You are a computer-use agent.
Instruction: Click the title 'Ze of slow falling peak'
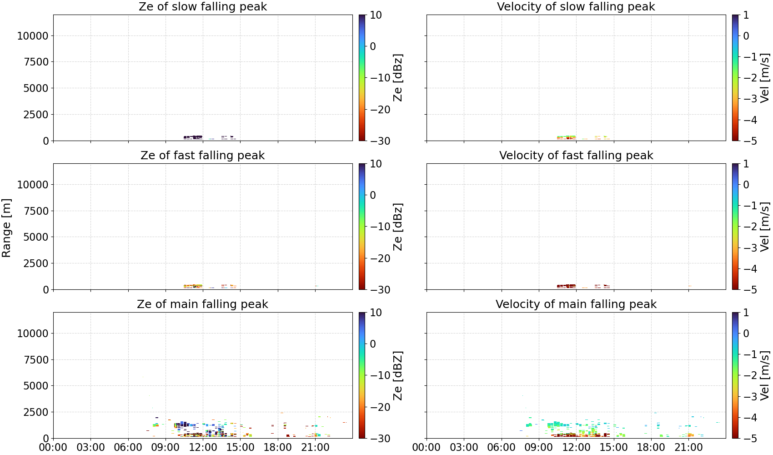pyautogui.click(x=202, y=6)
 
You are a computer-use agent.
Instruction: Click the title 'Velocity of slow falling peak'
pyautogui.click(x=576, y=6)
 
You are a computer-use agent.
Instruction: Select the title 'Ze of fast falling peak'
pyautogui.click(x=202, y=155)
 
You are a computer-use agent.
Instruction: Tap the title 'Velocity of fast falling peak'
pyautogui.click(x=576, y=155)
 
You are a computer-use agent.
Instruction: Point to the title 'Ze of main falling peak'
pyautogui.click(x=202, y=304)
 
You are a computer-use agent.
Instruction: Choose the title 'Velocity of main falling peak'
pyautogui.click(x=576, y=304)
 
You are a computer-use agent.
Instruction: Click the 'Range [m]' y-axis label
pyautogui.click(x=6, y=228)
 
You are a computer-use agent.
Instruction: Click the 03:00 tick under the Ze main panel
pyautogui.click(x=91, y=448)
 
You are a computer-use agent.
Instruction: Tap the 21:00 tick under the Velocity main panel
pyautogui.click(x=688, y=448)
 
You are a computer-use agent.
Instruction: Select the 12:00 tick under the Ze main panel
pyautogui.click(x=203, y=448)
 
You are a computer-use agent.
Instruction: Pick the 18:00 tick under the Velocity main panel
pyautogui.click(x=651, y=448)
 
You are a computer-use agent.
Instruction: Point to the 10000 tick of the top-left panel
pyautogui.click(x=33, y=35)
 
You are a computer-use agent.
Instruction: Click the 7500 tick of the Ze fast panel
pyautogui.click(x=36, y=211)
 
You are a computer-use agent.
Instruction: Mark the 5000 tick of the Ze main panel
pyautogui.click(x=36, y=385)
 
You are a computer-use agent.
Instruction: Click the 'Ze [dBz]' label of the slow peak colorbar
pyautogui.click(x=398, y=78)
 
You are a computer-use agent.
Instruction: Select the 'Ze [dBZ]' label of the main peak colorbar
pyautogui.click(x=398, y=375)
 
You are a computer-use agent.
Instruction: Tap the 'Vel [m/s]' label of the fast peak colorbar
pyautogui.click(x=765, y=227)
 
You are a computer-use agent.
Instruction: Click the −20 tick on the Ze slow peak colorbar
pyautogui.click(x=380, y=110)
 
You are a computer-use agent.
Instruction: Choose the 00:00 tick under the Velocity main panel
pyautogui.click(x=427, y=448)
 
